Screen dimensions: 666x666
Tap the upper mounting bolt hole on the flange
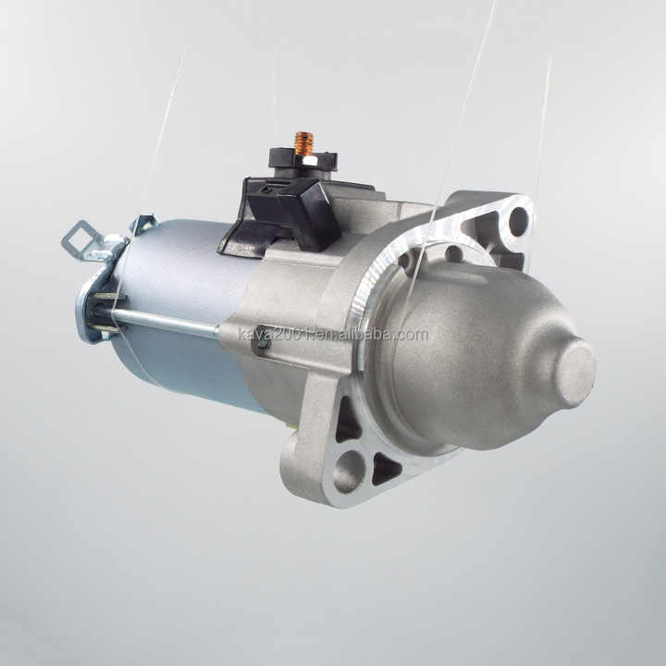point(518,221)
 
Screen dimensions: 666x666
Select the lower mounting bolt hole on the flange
point(349,471)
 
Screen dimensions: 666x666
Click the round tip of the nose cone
point(574,372)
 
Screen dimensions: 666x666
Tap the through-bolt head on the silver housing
point(263,339)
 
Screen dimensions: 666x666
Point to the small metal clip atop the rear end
point(143,223)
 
